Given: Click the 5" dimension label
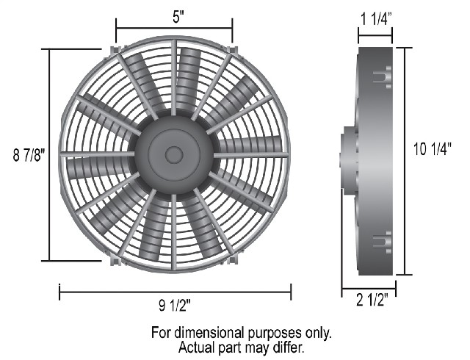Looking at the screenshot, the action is [178, 17].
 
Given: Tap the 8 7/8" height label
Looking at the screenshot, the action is [29, 155].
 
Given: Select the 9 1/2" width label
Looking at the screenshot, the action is [175, 306].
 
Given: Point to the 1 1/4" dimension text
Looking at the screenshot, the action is [375, 20].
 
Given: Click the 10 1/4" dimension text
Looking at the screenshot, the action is [433, 149].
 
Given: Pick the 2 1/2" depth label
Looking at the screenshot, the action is [372, 300].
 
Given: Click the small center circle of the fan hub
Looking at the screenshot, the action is [174, 155].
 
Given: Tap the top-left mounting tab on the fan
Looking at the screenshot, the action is [115, 51].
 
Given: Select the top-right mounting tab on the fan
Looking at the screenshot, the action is [232, 51].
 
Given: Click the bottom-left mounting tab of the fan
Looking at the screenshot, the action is [115, 259].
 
